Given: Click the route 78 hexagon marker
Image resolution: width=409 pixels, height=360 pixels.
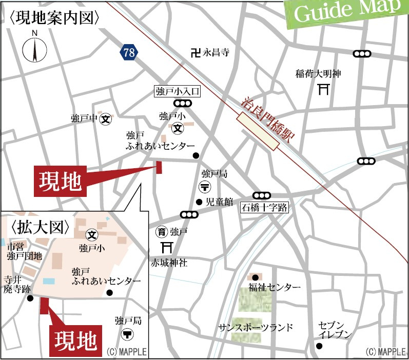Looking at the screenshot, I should click(x=130, y=52).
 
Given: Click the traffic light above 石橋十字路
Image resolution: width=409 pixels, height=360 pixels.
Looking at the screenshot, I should click(x=262, y=195).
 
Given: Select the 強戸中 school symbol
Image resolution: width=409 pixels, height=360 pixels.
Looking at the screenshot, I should click(x=106, y=118).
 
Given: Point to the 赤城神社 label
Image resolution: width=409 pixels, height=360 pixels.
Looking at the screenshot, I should click(x=169, y=264).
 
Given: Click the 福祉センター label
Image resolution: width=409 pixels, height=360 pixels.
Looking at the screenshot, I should click(x=275, y=287).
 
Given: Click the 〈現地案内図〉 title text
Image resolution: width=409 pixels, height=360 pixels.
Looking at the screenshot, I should click(x=54, y=18).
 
